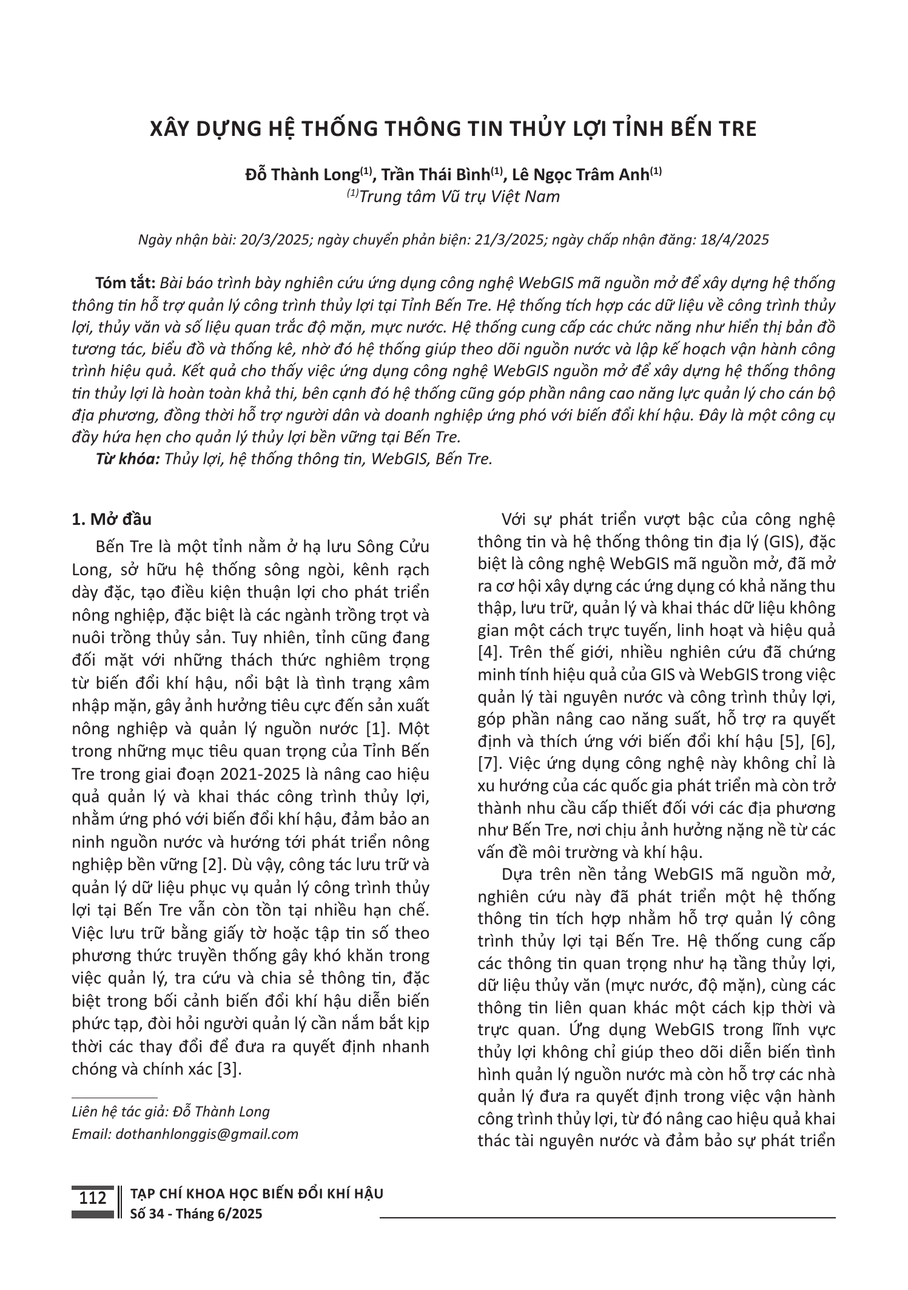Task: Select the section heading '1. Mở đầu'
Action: [x=112, y=519]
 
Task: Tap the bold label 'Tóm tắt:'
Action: [x=126, y=283]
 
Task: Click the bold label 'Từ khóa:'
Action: [x=128, y=459]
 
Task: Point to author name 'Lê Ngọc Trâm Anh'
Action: [x=581, y=175]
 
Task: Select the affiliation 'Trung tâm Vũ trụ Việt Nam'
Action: [x=459, y=197]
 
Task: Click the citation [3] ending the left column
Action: [x=229, y=1069]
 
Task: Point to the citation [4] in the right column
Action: [x=488, y=652]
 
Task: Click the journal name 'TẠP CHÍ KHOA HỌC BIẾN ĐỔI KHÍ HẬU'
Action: [x=257, y=1194]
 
